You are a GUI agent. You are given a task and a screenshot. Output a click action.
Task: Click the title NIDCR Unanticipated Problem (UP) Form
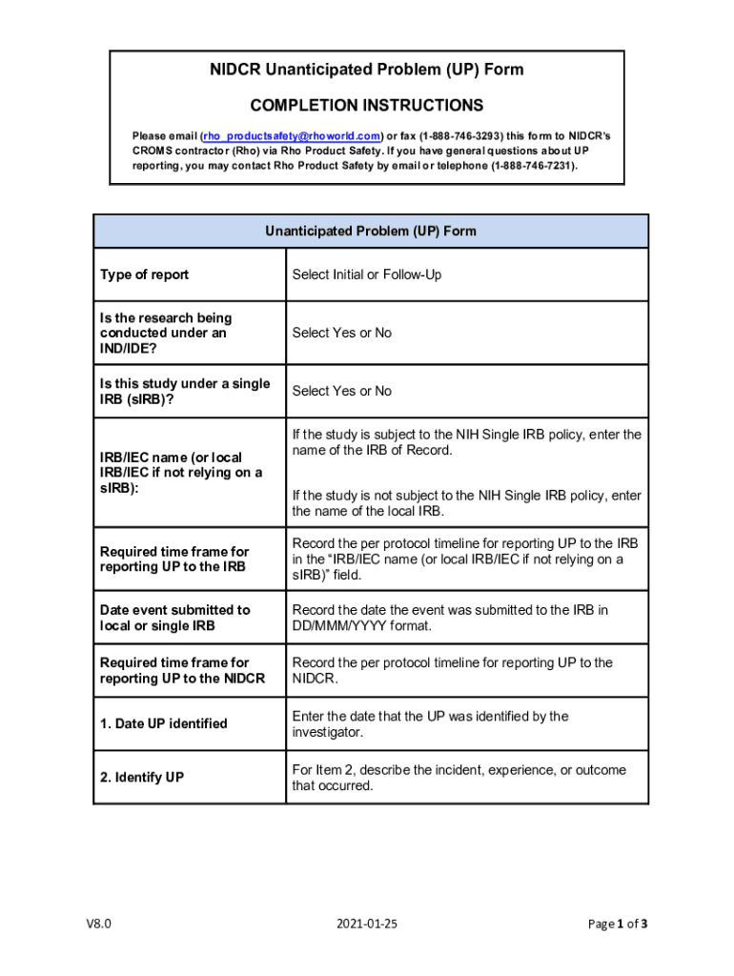[x=367, y=70]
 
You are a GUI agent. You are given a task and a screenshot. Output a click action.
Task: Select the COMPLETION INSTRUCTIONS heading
[x=367, y=105]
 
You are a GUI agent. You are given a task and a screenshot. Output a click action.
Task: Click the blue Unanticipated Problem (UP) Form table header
[x=371, y=231]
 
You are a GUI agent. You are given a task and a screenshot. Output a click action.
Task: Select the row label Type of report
[x=145, y=274]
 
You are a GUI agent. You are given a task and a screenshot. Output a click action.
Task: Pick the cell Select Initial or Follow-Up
[x=367, y=274]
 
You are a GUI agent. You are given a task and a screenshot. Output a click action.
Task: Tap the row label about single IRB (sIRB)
[x=185, y=391]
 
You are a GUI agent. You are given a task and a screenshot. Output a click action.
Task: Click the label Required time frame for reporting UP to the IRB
[x=174, y=559]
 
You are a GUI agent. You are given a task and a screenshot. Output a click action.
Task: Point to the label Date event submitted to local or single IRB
[x=175, y=618]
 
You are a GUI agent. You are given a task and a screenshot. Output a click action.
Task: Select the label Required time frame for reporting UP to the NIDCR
[x=182, y=670]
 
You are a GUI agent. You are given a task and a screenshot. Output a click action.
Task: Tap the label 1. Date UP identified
[x=164, y=723]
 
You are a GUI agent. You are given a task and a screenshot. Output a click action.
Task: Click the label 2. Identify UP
[x=142, y=778]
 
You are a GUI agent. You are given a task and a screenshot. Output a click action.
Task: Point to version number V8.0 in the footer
[x=98, y=923]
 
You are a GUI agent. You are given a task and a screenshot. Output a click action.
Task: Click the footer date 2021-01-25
[x=367, y=923]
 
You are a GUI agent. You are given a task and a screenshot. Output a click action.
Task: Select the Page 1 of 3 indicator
[x=618, y=923]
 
